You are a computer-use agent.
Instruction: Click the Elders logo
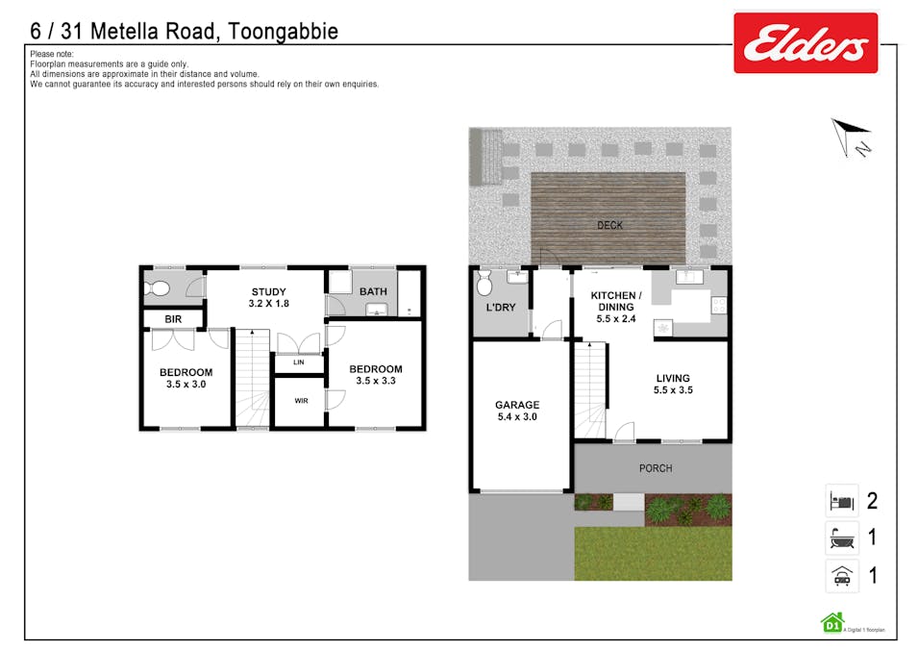pos(806,43)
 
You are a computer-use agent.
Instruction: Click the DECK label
pos(609,226)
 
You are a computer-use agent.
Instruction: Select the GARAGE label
pos(517,405)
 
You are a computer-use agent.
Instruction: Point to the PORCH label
pos(656,468)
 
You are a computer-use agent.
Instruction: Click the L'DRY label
pos(500,307)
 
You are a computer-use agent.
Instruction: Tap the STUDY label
pos(270,291)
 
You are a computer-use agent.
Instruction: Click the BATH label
pos(373,291)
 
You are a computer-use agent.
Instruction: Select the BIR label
pos(173,319)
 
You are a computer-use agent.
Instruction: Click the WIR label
pos(301,400)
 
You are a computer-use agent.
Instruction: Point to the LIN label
pos(299,362)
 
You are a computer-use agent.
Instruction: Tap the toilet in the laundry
pos(485,282)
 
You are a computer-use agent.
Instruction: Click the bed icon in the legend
pos(842,501)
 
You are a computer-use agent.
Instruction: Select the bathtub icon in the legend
pos(842,537)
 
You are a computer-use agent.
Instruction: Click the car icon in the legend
pos(842,575)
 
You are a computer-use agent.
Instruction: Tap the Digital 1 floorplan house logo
pos(831,623)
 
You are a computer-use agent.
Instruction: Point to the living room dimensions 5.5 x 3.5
pos(673,390)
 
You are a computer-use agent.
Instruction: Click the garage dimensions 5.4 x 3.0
pos(517,417)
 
